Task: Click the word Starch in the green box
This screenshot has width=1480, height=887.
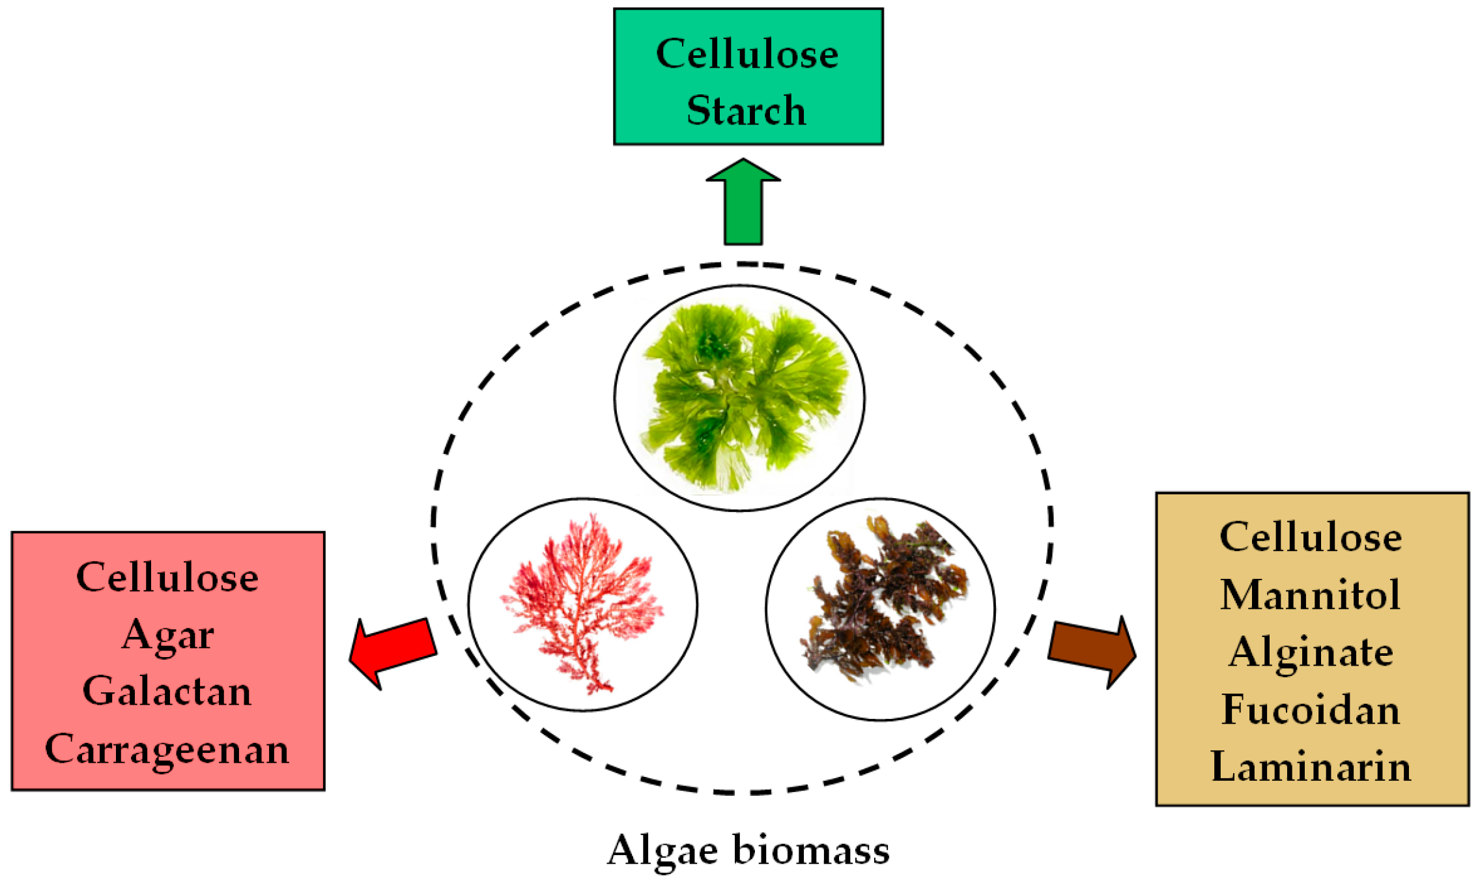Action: pos(747,110)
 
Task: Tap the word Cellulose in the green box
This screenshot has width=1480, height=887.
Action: pos(747,53)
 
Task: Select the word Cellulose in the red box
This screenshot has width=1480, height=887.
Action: pos(167,577)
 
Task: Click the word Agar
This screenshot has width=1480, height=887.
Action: pos(167,634)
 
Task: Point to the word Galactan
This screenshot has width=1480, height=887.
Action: pos(167,691)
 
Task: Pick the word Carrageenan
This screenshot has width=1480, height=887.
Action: pos(167,749)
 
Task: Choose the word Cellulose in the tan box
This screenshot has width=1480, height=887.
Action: pos(1311,537)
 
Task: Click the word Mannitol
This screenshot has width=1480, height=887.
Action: pos(1311,595)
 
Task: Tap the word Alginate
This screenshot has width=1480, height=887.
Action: pos(1311,652)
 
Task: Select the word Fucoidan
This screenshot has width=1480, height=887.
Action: pos(1311,709)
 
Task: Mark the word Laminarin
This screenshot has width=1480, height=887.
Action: pos(1311,767)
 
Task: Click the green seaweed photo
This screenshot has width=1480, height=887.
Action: pos(740,397)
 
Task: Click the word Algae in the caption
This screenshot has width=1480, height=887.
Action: pos(662,851)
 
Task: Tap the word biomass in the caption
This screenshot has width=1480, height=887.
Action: pos(811,851)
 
